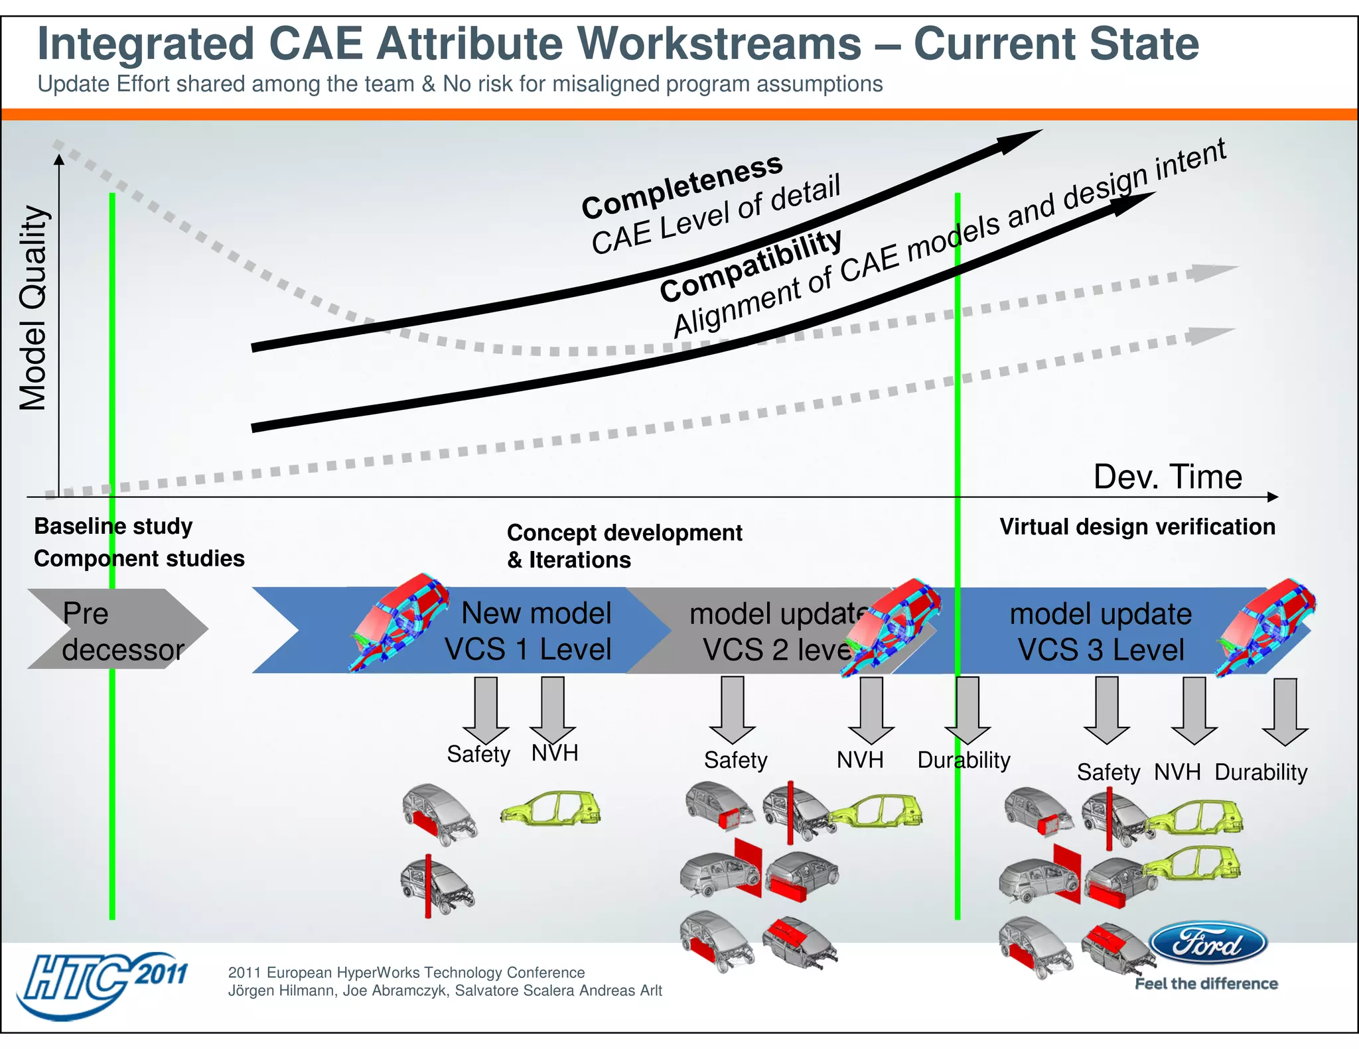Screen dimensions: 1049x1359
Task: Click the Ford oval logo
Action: pos(1208,943)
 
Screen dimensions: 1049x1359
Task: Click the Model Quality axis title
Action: pos(33,309)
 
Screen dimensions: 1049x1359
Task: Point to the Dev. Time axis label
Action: pos(1167,477)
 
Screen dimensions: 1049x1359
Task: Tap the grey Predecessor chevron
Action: pos(117,629)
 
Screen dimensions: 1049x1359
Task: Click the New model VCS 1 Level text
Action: pos(529,631)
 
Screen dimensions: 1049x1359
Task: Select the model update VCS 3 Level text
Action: pos(1101,631)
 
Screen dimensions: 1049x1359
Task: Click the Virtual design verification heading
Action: pos(1137,526)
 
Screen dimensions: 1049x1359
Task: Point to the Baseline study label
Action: pos(113,526)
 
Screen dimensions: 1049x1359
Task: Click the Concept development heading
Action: pos(624,532)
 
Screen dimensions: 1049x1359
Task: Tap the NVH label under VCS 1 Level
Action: pos(555,753)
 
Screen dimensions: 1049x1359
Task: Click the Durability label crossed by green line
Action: pos(963,760)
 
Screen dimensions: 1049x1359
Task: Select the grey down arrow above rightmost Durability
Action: pos(1285,711)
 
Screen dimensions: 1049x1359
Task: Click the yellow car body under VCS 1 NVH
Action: pos(551,808)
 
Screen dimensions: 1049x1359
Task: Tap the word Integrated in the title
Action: pos(146,44)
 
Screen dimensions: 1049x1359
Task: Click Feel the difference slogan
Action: pos(1206,983)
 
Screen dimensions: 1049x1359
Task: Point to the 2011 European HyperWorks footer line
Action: pos(406,972)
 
